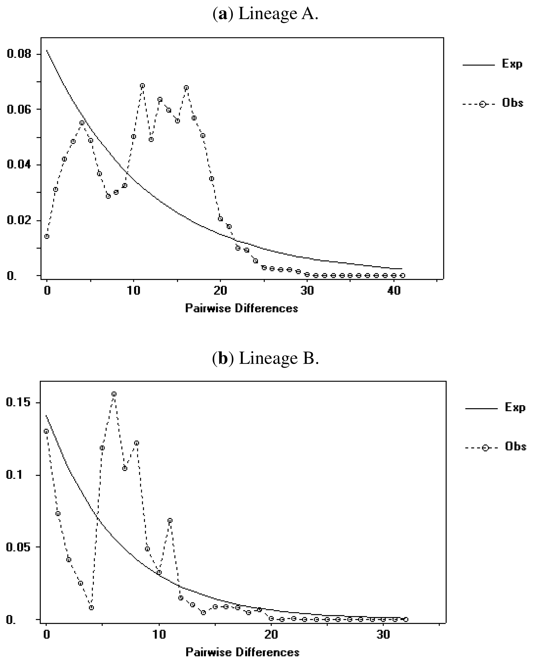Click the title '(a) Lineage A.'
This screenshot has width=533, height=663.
pos(265,14)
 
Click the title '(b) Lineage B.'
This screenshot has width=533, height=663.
pos(265,358)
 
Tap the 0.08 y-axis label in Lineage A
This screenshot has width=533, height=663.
pos(19,54)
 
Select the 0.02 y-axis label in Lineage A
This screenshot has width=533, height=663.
pos(19,221)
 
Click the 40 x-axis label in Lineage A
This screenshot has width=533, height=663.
pos(394,291)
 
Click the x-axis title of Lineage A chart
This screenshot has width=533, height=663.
pos(242,309)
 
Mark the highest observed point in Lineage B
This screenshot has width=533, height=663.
pos(114,394)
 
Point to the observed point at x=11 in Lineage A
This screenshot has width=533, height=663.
pos(142,86)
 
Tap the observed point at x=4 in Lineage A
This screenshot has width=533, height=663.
pos(82,123)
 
